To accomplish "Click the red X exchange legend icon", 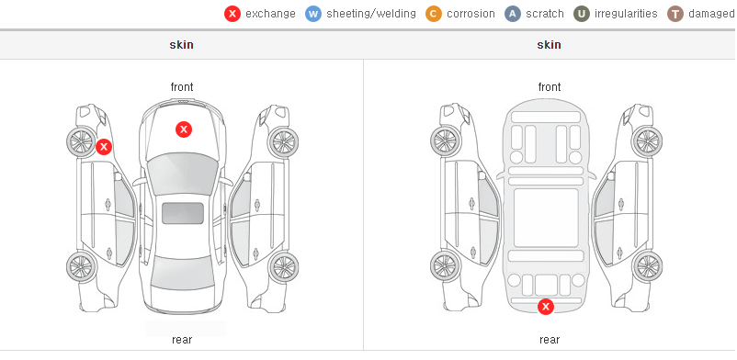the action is pos(232,14).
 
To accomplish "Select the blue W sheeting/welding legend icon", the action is pos(313,14).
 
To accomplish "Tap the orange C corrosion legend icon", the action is pos(434,14).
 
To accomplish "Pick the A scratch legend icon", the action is pos(513,14).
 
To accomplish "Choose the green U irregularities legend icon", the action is pos(582,14).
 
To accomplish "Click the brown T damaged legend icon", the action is pos(675,14).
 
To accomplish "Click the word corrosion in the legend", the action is pos(471,14).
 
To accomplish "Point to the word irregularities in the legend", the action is pos(626,14).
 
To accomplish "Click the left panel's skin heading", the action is pos(181,45).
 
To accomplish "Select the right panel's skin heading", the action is pos(549,45).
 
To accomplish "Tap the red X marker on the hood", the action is pos(184,129).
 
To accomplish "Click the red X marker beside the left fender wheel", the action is pos(104,147).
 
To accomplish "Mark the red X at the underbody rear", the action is pos(546,307).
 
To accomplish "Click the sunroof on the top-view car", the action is pos(183,213).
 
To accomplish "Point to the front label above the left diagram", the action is pos(182,87).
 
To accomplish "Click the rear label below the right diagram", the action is pos(550,340).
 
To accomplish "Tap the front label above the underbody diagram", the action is pos(550,87).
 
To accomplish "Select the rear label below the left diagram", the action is pos(182,340).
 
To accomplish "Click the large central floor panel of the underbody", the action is pos(546,218).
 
